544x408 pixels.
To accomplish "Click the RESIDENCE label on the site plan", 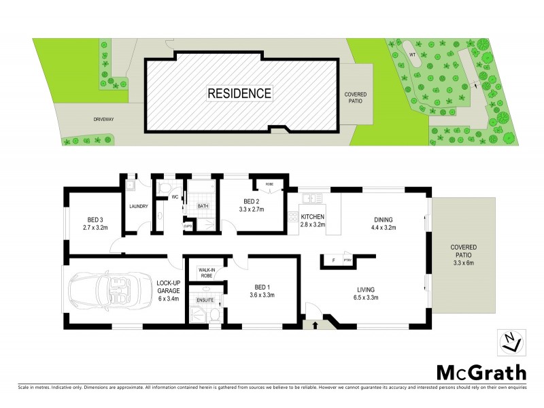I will coord(239,92).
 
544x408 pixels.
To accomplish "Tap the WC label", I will coord(175,197).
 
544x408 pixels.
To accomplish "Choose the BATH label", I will coord(202,205).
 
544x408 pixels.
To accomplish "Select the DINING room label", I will coord(384,219).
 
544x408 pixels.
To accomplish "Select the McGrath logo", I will coord(479,373).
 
